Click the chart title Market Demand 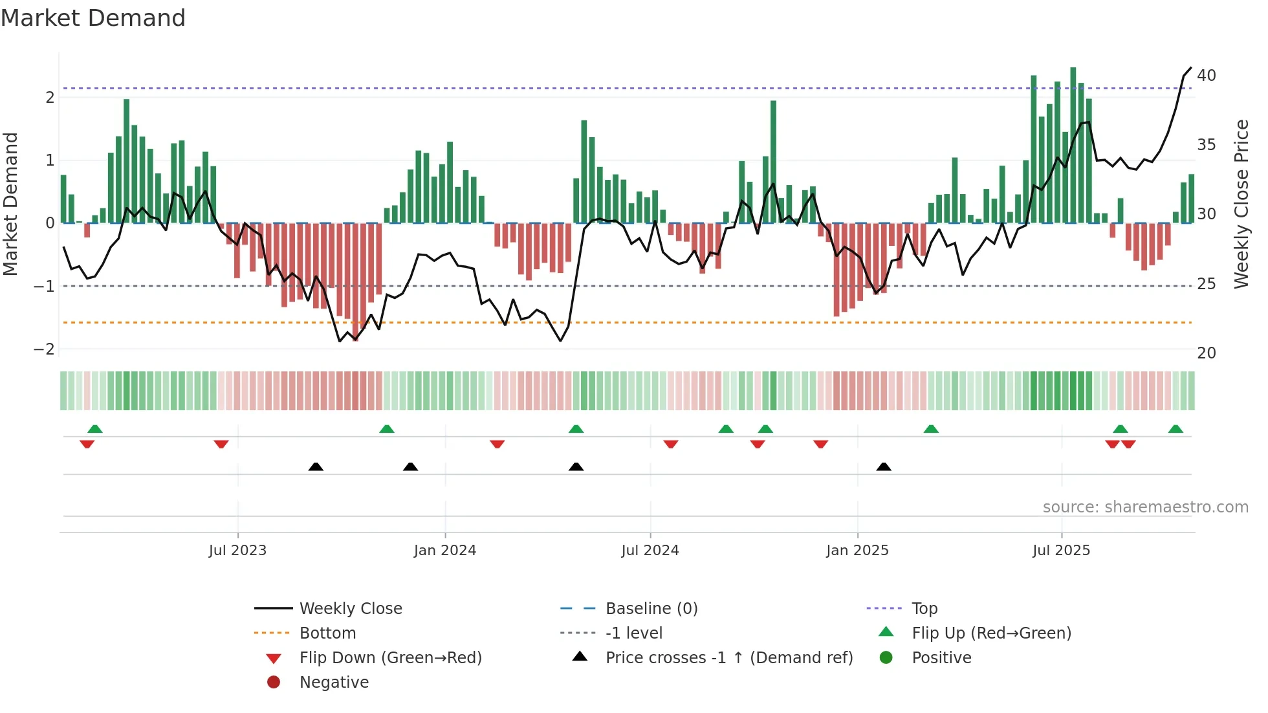click(93, 18)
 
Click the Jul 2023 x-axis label click(237, 551)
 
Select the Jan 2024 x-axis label click(445, 551)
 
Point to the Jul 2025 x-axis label click(1061, 551)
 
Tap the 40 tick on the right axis click(1206, 76)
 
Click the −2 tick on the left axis click(44, 349)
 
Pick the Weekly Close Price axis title click(1241, 204)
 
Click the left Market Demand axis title click(11, 204)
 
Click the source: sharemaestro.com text click(1145, 507)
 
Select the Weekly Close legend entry click(351, 609)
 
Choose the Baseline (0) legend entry click(651, 609)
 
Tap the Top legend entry click(924, 609)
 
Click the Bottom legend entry click(327, 633)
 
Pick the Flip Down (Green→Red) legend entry click(390, 658)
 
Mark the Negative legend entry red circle click(274, 683)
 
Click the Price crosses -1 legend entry click(728, 658)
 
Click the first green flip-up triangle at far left click(95, 429)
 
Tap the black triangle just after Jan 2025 click(884, 466)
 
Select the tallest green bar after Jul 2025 click(1073, 146)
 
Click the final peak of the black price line click(1191, 68)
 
